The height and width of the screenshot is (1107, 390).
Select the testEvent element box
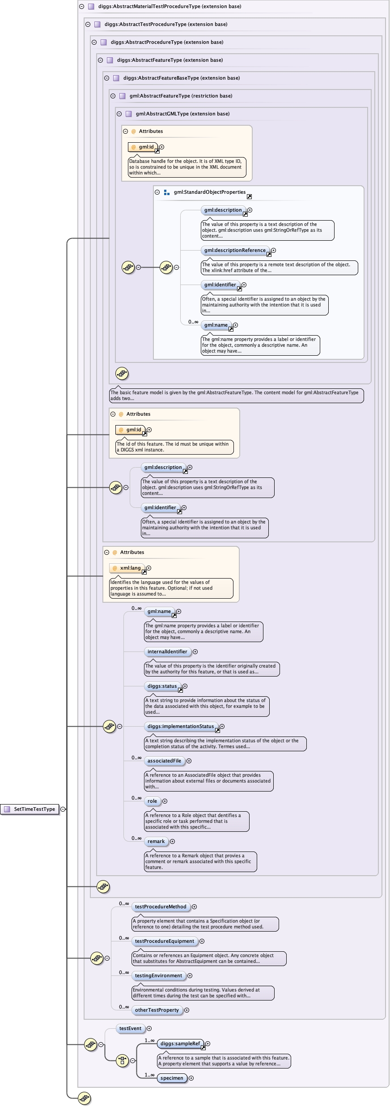pyautogui.click(x=130, y=1028)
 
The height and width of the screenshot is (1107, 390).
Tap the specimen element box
pyautogui.click(x=172, y=1078)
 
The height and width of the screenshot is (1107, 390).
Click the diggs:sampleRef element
pyautogui.click(x=180, y=1043)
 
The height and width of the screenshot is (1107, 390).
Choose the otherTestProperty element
pyautogui.click(x=157, y=1010)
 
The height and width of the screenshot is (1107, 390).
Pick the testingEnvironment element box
pyautogui.click(x=158, y=975)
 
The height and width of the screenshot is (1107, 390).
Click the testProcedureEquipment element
pyautogui.click(x=164, y=941)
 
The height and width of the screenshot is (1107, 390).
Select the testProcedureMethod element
pyautogui.click(x=161, y=907)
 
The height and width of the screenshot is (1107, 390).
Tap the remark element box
pyautogui.click(x=156, y=841)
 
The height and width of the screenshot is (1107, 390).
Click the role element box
pyautogui.click(x=153, y=801)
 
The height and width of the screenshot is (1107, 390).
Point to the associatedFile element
pyautogui.click(x=164, y=761)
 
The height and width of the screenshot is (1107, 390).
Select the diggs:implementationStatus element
pyautogui.click(x=181, y=726)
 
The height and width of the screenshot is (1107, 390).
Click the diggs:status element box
pyautogui.click(x=162, y=686)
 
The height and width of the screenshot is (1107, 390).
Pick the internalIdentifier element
pyautogui.click(x=167, y=651)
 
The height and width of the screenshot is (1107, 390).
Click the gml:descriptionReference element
pyautogui.click(x=235, y=250)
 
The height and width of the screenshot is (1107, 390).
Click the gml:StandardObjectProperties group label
pyautogui.click(x=209, y=192)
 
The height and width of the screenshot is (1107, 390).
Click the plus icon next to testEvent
pyautogui.click(x=149, y=1028)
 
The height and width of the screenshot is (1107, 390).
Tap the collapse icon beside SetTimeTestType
pyautogui.click(x=63, y=809)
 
